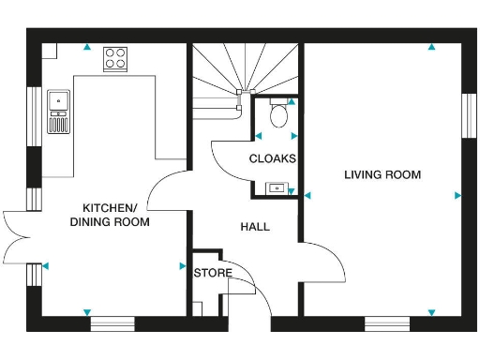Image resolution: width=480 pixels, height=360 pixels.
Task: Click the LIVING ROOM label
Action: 382,174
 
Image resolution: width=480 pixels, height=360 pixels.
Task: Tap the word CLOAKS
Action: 272,158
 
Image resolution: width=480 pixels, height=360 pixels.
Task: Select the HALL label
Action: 255,227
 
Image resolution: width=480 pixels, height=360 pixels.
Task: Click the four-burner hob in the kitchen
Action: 116,58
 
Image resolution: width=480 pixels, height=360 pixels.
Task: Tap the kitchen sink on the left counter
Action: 58,97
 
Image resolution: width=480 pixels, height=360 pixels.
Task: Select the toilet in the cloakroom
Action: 278,115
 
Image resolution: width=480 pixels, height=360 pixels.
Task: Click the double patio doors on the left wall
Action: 19,235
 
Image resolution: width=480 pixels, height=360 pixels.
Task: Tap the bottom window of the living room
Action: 388,324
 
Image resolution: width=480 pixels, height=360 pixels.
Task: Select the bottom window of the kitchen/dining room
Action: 112,324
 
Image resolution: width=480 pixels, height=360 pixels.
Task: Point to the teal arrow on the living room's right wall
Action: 457,195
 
